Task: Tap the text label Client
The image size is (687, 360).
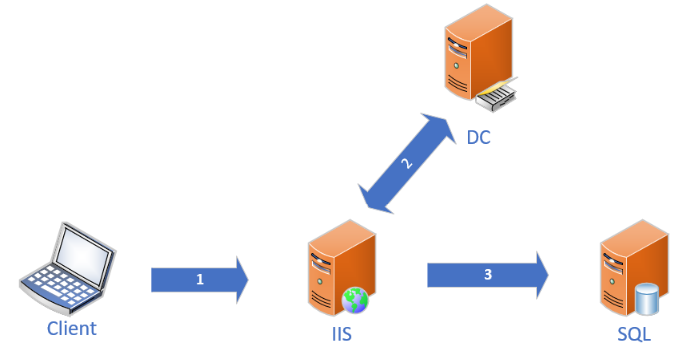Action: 71,329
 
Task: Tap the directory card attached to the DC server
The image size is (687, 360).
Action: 498,96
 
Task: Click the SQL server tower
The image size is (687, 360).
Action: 629,268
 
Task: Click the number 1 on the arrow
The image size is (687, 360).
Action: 200,280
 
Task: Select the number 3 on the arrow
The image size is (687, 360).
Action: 487,273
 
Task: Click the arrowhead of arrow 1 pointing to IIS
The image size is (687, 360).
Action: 238,279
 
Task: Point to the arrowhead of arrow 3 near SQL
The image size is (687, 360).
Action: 540,273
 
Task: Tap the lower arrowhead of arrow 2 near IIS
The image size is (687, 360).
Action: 374,200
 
